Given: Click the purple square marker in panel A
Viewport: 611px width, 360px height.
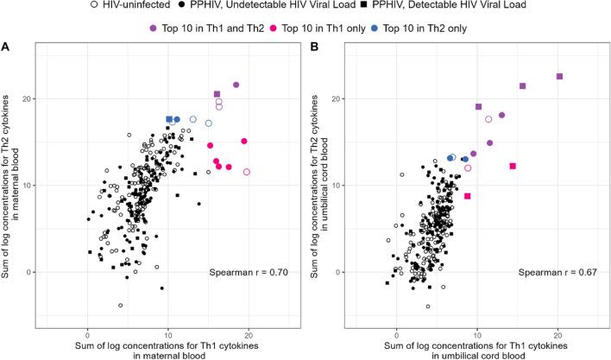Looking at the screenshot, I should (x=217, y=94).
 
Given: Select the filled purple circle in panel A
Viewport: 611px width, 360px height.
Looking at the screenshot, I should (x=236, y=85).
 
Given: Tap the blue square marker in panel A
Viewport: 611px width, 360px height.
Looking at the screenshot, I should (x=169, y=119).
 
